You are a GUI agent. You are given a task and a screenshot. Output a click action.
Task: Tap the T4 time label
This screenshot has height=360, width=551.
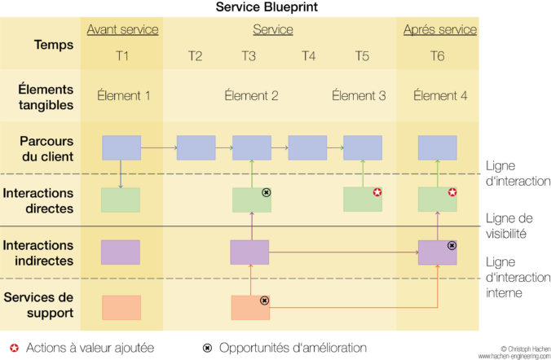click(308, 56)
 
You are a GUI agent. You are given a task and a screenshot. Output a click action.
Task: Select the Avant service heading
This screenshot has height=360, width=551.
click(122, 30)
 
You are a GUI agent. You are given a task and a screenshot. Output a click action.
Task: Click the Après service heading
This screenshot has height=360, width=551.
click(439, 30)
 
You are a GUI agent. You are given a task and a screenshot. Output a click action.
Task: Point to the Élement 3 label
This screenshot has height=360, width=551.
click(359, 95)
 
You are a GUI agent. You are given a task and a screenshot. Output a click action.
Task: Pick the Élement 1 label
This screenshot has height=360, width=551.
click(123, 95)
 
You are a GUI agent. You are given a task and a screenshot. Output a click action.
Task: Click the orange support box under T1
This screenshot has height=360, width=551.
click(121, 307)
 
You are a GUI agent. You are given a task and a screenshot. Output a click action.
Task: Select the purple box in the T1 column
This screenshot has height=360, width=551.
click(121, 252)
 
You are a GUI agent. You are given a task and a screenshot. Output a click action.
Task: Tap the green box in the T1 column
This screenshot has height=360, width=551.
click(121, 200)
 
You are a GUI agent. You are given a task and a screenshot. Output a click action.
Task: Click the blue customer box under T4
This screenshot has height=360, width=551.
click(307, 147)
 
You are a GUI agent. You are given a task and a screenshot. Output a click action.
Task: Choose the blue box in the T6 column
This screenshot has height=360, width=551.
click(437, 147)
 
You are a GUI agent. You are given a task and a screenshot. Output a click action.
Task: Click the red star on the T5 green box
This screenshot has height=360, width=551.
click(377, 192)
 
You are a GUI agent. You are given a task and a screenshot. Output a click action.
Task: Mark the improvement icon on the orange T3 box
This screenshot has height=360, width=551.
click(264, 301)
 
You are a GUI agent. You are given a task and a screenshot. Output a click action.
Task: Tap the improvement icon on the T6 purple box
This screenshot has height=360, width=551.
click(452, 245)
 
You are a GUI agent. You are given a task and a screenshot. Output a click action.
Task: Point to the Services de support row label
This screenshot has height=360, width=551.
click(38, 305)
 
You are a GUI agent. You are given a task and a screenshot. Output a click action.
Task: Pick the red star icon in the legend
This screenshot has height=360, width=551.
click(14, 348)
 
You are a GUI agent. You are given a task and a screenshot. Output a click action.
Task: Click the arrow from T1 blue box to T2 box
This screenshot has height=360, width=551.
click(159, 147)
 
